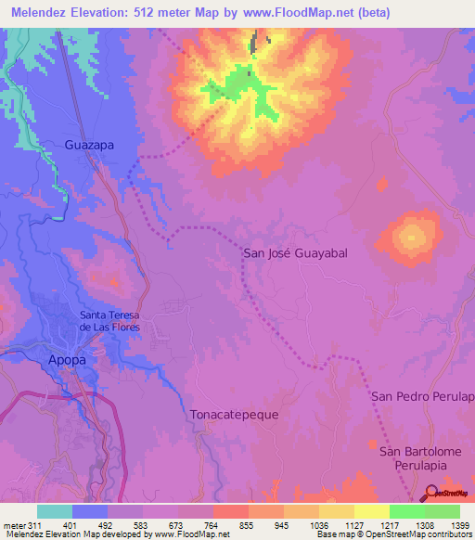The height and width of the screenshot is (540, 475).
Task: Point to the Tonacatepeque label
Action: [233, 415]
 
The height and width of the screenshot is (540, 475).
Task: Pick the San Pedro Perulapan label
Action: [422, 396]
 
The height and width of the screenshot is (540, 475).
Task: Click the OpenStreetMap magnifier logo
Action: [430, 494]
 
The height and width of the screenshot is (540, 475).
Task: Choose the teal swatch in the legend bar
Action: [55, 511]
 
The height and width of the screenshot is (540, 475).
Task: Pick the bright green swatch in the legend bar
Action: [406, 511]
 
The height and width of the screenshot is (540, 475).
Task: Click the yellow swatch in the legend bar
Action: [371, 511]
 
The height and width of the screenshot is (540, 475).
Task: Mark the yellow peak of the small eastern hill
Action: [408, 238]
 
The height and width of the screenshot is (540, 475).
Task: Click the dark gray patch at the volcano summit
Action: [257, 43]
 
